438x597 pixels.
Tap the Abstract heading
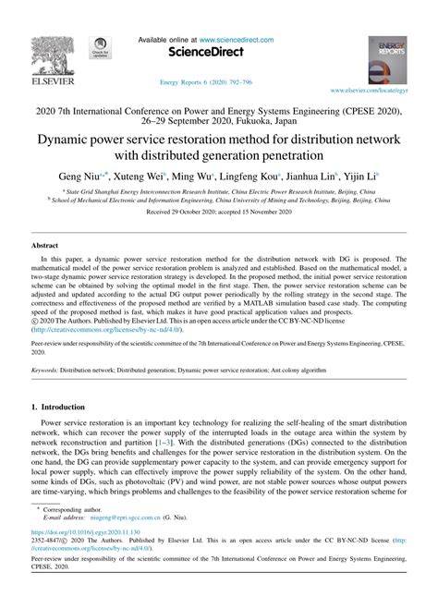coord(47,247)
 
